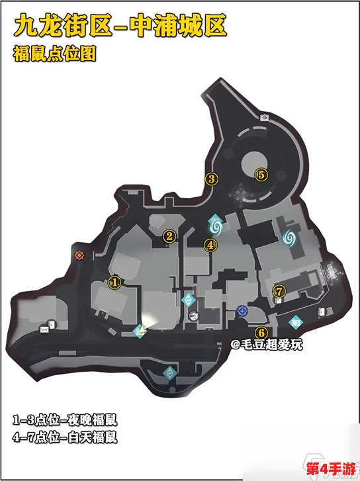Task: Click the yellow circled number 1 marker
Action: click(114, 283)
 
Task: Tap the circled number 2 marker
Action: click(169, 236)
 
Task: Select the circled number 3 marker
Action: click(212, 179)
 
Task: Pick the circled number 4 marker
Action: click(210, 245)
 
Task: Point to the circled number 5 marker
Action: click(261, 175)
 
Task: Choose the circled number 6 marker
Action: click(261, 333)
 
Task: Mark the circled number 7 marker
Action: click(279, 291)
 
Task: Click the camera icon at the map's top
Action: click(265, 118)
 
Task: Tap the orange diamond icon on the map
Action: click(79, 255)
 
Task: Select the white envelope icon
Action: click(44, 329)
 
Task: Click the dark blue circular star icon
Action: click(242, 311)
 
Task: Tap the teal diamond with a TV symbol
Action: click(296, 322)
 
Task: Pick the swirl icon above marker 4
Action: click(215, 227)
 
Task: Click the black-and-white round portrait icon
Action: click(194, 316)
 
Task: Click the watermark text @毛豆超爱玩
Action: click(267, 345)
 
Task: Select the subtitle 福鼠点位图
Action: click(54, 54)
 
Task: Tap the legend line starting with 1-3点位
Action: click(65, 420)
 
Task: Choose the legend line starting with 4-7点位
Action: click(65, 437)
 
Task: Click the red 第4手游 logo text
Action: click(331, 469)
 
